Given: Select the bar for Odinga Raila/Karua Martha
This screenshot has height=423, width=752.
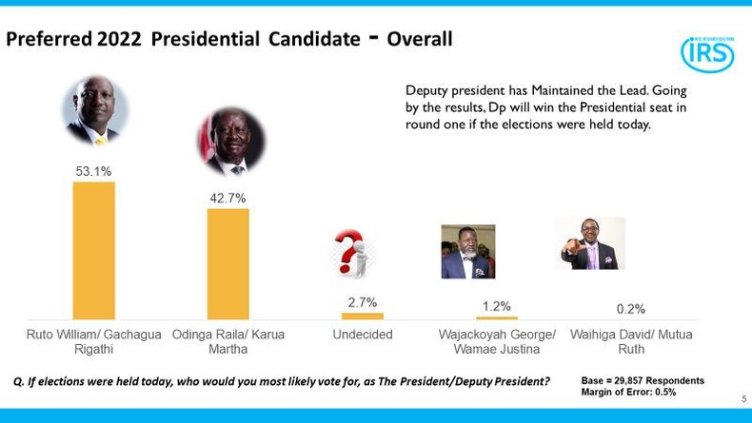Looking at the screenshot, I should pos(228,263).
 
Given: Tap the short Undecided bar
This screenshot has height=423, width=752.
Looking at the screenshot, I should pos(362,316).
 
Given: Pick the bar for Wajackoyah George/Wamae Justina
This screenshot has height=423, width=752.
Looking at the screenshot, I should pos(496,317).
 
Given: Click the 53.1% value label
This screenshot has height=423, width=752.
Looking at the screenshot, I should pos(93,171).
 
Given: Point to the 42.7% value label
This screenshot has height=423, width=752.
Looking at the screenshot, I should pos(228,198).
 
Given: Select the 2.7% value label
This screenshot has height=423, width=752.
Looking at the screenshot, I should pos(362,302).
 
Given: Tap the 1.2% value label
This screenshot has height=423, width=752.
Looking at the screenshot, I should pos(496,306).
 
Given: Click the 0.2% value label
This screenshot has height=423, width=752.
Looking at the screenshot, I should pos(630,309).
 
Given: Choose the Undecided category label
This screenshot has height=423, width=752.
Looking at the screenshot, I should pos(362,335).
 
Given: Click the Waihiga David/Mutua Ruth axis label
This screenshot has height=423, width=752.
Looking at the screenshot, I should pos(630,341).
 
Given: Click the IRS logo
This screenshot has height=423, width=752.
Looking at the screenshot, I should pos(707,53).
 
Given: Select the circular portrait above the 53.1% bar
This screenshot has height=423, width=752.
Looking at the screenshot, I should pos(94,110).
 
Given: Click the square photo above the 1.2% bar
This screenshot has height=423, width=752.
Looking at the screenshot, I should pos(467,252).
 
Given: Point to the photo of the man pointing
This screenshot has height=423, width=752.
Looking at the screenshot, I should pos(589,243).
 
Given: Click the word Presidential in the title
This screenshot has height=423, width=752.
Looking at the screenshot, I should pos(205,39).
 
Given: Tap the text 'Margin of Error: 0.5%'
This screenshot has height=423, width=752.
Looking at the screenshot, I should pos(629,392).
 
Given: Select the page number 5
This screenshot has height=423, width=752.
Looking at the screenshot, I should pos(743,399).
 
